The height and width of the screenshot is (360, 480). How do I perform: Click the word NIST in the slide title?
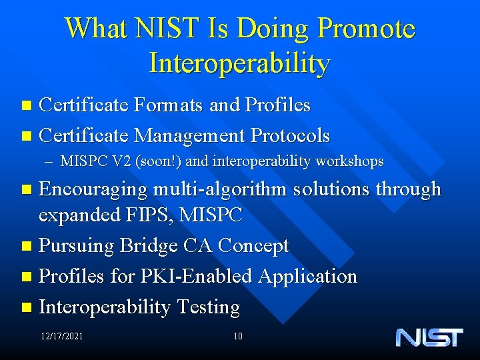pyautogui.click(x=159, y=29)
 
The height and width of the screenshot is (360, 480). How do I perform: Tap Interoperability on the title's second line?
pyautogui.click(x=240, y=63)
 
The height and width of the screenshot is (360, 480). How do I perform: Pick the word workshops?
pyautogui.click(x=353, y=161)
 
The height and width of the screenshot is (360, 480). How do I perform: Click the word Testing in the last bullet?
pyautogui.click(x=209, y=307)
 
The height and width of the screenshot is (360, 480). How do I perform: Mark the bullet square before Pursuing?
pyautogui.click(x=26, y=246)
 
